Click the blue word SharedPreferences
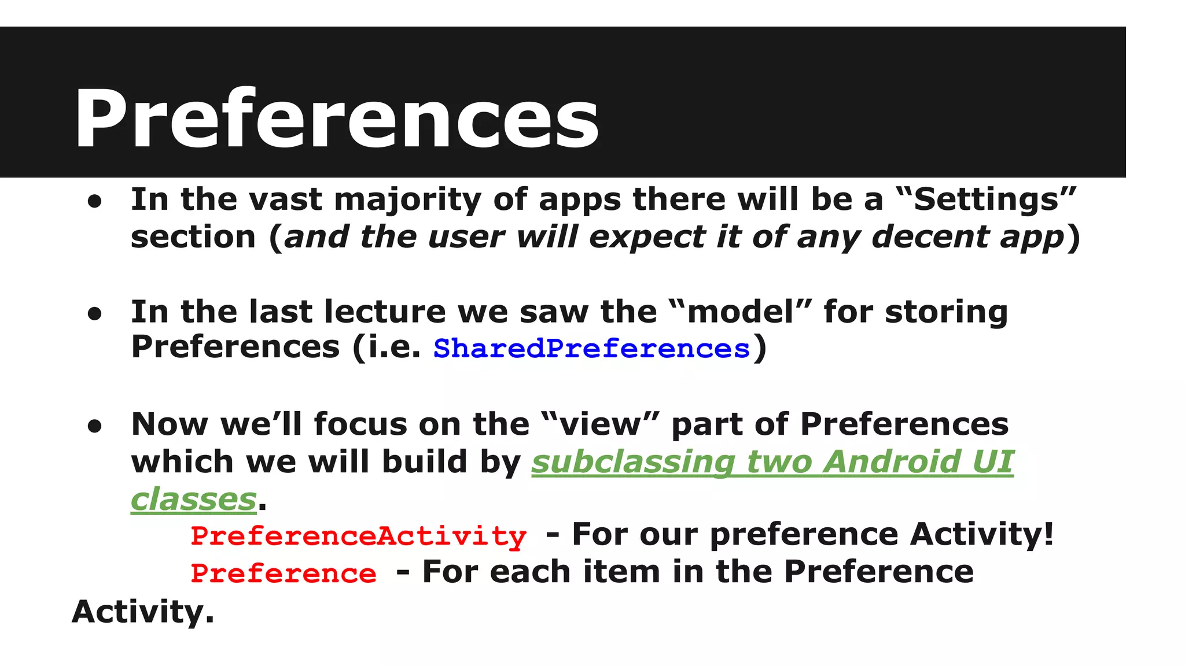[591, 349]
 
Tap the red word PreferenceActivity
[358, 535]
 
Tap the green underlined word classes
[193, 499]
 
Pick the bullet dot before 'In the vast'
[95, 201]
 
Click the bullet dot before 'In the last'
[95, 314]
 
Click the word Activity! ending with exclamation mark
[981, 534]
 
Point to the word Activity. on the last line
[142, 612]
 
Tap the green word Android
[892, 462]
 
